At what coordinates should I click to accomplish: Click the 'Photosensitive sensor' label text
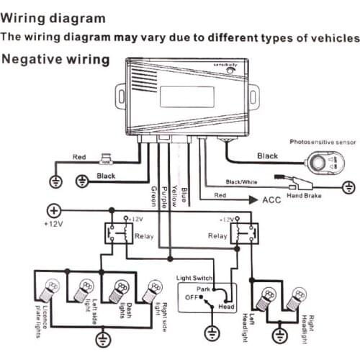coord(318,142)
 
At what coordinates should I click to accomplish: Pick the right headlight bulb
coord(296,296)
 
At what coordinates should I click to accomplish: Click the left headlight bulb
coord(267,296)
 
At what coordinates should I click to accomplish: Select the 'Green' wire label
coord(153,194)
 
